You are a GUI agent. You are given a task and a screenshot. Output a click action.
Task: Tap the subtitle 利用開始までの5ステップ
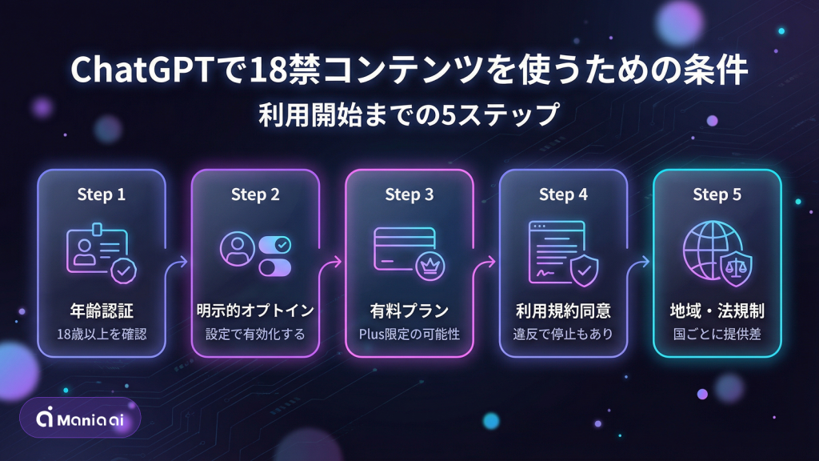409,114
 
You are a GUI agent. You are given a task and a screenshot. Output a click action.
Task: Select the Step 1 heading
102,194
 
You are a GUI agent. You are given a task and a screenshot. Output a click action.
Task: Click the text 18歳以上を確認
102,333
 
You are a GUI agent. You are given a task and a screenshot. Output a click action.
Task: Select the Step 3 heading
409,194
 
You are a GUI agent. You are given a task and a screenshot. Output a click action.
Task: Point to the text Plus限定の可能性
409,333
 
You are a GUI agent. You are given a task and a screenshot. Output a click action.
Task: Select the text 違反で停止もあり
562,333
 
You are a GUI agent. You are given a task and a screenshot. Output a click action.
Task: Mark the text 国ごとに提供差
717,333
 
